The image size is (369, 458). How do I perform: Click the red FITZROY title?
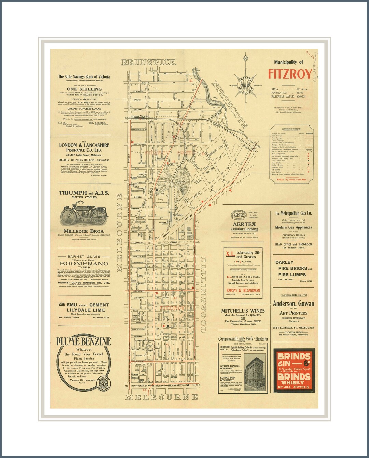(x=290, y=74)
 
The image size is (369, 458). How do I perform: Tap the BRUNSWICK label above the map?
(x=149, y=62)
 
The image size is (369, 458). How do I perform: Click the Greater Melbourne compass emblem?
(x=245, y=83)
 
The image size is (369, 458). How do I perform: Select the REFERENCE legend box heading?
(x=291, y=129)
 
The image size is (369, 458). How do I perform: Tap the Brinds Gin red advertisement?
(x=294, y=370)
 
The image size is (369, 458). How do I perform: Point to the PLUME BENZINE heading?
(x=84, y=342)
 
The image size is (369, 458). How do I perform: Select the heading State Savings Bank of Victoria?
(x=84, y=77)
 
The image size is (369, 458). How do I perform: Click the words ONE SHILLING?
(x=84, y=89)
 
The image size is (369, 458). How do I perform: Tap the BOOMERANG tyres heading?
(x=84, y=264)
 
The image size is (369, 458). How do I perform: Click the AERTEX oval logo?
(x=239, y=215)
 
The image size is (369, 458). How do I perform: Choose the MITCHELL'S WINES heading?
(x=243, y=311)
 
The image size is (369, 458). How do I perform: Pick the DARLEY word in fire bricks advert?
(x=285, y=262)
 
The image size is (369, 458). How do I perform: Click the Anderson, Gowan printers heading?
(x=293, y=304)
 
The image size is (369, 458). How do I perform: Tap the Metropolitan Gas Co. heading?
(x=293, y=213)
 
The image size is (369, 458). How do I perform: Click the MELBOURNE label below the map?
(x=162, y=397)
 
